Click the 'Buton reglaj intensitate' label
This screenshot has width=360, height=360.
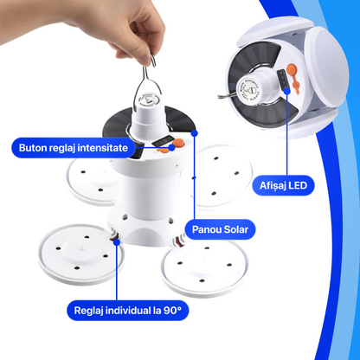(x=73, y=148)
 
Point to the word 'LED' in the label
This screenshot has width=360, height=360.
(x=304, y=185)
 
